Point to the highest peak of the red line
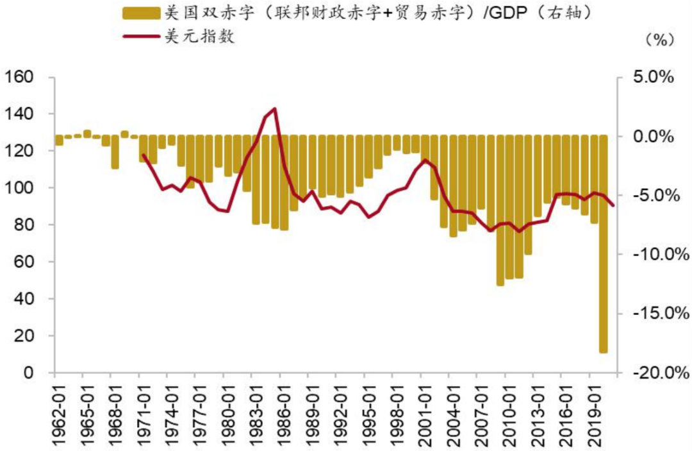(274, 108)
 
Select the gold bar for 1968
(115, 152)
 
